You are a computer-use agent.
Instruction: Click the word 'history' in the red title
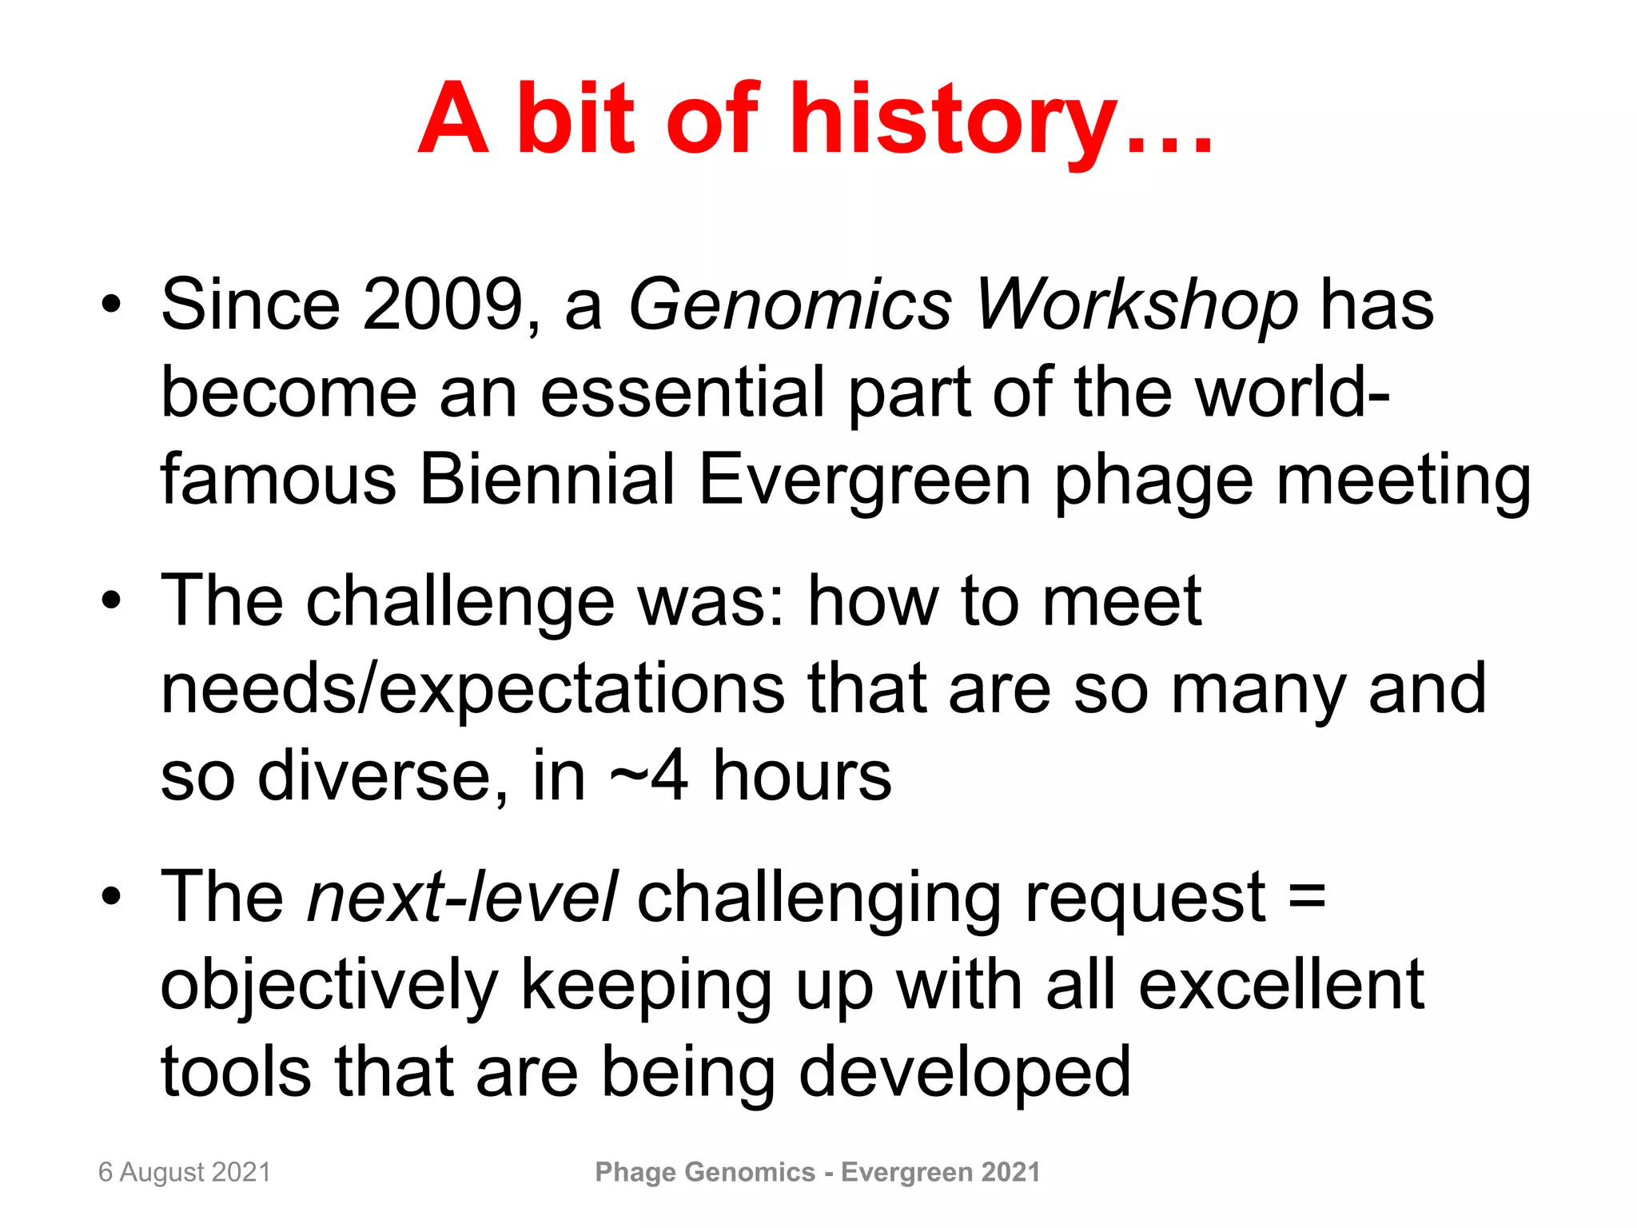coord(954,120)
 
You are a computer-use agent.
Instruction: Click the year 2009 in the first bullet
coord(443,305)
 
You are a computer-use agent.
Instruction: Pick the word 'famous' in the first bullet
coord(278,480)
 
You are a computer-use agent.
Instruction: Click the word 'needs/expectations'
coord(472,689)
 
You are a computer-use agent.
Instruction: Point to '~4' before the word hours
coord(648,775)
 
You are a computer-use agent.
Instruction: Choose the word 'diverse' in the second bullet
coord(382,775)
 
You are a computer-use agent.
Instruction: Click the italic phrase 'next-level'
coord(462,896)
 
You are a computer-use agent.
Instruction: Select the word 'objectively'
coord(329,985)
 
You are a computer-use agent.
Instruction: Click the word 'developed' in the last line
coord(965,1072)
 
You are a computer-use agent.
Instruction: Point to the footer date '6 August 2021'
coord(185,1172)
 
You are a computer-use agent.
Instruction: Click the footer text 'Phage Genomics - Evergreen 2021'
coord(818,1172)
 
